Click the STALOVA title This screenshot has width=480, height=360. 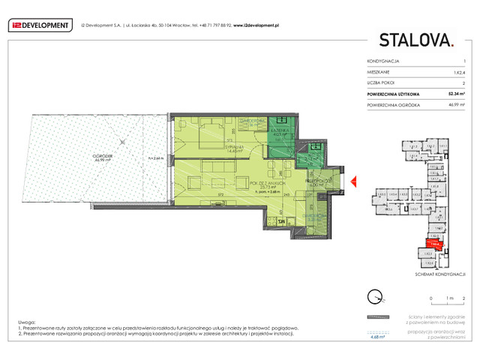415,40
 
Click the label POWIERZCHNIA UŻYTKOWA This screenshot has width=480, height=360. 393,94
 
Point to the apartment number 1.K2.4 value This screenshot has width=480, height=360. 459,71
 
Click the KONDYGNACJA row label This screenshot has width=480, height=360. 383,60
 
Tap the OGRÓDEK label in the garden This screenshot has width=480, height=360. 103,156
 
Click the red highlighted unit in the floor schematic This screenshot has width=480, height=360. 434,244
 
